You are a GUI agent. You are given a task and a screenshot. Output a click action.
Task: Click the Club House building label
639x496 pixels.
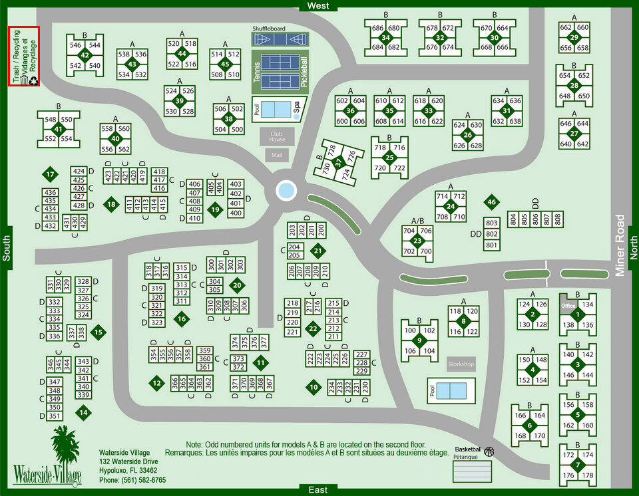[277, 136]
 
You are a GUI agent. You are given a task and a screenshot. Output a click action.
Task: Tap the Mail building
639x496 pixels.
[277, 155]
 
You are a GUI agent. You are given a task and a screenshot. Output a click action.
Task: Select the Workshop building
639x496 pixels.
[461, 364]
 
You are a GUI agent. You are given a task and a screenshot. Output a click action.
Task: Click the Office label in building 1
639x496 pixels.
[568, 306]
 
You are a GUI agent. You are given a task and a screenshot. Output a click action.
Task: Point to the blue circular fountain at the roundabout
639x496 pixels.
[286, 191]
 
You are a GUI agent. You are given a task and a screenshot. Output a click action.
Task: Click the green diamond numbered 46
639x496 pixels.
[491, 201]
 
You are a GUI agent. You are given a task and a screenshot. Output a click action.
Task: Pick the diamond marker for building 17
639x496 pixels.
[50, 175]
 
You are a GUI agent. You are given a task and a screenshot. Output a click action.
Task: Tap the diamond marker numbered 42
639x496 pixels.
[85, 55]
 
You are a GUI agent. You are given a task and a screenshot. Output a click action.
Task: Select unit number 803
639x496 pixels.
[491, 223]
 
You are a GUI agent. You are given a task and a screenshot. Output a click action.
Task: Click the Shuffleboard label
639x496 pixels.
[268, 29]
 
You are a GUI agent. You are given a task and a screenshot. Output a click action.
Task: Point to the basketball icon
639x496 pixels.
[489, 451]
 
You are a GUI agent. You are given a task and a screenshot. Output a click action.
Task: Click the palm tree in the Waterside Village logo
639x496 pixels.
[65, 445]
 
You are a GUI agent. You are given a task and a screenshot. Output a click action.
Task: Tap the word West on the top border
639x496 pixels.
[318, 6]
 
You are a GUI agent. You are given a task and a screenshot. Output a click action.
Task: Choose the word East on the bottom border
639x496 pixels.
[318, 490]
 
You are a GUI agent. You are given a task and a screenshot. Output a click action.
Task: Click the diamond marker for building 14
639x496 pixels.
[83, 412]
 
